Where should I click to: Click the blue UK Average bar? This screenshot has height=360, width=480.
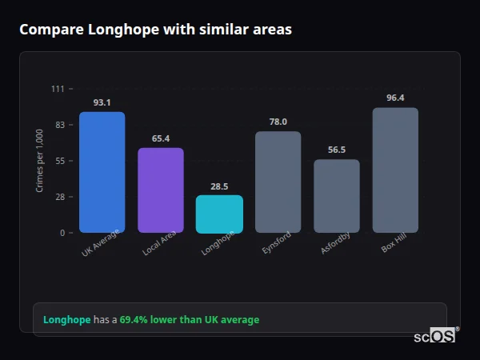[x=102, y=172]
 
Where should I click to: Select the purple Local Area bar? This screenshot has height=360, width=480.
[x=161, y=190]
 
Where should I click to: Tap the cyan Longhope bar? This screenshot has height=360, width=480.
[x=219, y=214]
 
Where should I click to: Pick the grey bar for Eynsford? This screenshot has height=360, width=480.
[x=278, y=182]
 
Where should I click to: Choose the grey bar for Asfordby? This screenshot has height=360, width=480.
[x=336, y=196]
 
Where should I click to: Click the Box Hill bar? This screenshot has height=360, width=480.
[x=395, y=170]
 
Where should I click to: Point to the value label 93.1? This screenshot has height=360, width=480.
[x=102, y=102]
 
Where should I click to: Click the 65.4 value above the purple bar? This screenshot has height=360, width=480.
[x=161, y=138]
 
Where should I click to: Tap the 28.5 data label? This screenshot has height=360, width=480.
[x=219, y=186]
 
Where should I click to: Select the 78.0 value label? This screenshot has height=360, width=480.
[x=278, y=122]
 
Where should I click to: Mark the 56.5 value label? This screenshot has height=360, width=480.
[x=336, y=150]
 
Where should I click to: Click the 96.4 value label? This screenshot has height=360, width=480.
[x=395, y=98]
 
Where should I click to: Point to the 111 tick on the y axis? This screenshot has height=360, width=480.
[x=58, y=89]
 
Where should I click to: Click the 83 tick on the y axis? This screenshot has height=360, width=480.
[x=60, y=125]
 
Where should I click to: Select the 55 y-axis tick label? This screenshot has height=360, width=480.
[x=60, y=161]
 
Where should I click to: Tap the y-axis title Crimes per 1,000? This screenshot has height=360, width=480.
[x=39, y=160]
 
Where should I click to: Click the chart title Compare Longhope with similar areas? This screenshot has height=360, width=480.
[x=155, y=30]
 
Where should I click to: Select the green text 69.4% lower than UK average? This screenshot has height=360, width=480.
[x=190, y=320]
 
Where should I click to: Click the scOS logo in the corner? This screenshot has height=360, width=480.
[x=435, y=337]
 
